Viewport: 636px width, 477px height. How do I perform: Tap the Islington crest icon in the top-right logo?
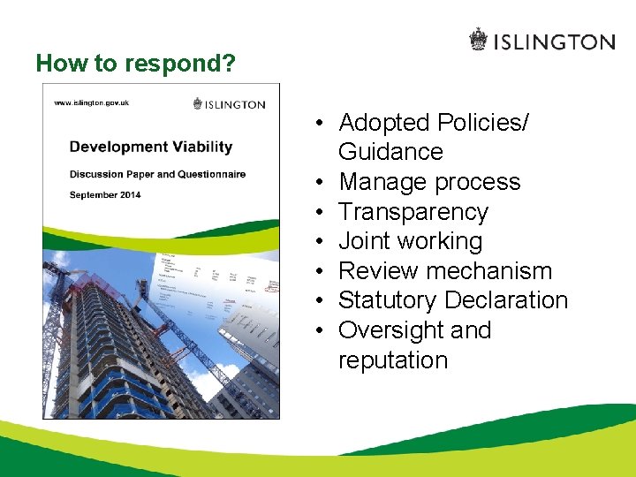[x=478, y=41]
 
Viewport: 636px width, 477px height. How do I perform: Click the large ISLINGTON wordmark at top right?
[x=553, y=42]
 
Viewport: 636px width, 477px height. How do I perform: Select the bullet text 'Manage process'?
[x=429, y=182]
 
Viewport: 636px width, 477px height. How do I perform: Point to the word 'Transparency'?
[x=413, y=212]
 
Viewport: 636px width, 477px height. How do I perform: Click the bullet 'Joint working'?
[x=410, y=241]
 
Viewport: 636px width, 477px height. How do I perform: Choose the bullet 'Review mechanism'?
[x=445, y=271]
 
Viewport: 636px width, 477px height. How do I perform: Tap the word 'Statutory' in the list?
[x=388, y=300]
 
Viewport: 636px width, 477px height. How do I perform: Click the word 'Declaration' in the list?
[x=506, y=300]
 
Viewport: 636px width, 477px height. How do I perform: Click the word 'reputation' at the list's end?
[x=393, y=360]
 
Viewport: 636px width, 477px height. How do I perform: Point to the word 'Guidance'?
[x=390, y=152]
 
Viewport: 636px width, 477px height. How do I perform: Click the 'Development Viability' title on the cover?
[x=150, y=147]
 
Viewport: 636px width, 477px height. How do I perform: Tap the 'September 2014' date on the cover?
[x=105, y=194]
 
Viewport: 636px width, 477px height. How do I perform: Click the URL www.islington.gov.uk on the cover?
[x=91, y=102]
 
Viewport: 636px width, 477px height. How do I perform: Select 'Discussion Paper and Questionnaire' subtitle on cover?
[x=157, y=174]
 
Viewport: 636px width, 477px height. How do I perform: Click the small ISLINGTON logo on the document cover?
[x=229, y=104]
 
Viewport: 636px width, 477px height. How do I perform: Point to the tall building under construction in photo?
[x=115, y=344]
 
